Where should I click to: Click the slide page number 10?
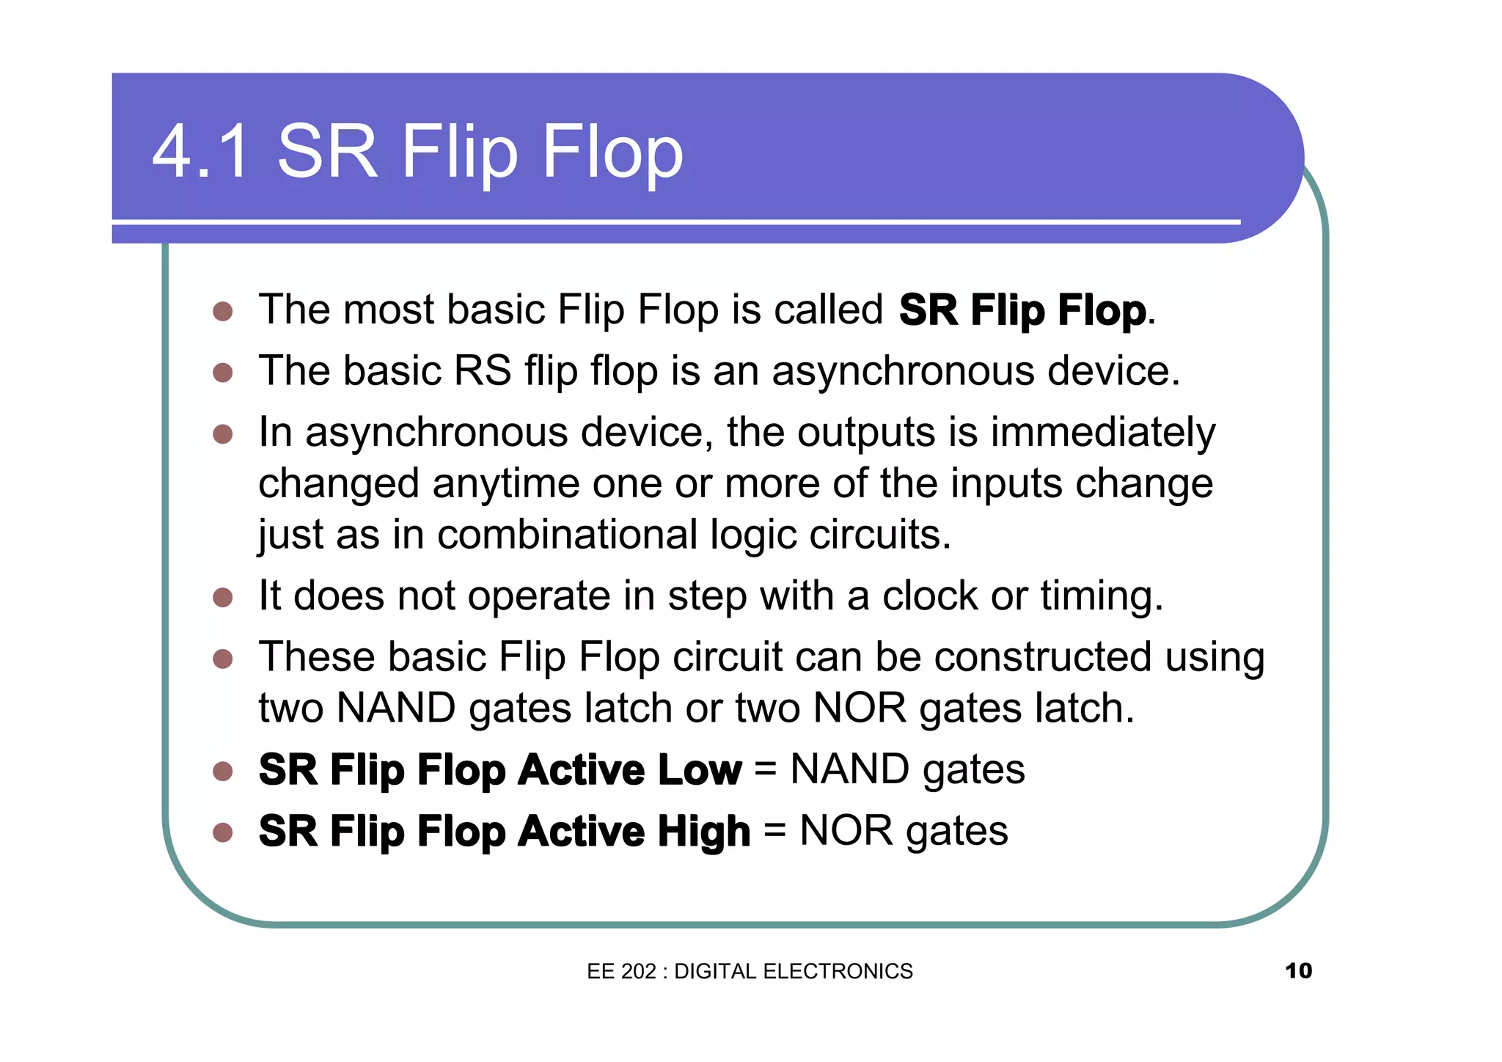(x=1298, y=970)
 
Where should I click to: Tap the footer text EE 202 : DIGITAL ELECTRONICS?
(x=750, y=971)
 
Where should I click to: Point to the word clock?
(x=929, y=596)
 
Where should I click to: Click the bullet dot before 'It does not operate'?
(x=223, y=597)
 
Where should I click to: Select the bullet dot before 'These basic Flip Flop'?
(x=223, y=659)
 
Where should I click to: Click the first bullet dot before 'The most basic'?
(x=223, y=312)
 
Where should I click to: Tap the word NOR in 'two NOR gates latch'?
(x=860, y=708)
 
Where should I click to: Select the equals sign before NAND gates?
(x=765, y=770)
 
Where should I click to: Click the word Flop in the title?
(x=612, y=152)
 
